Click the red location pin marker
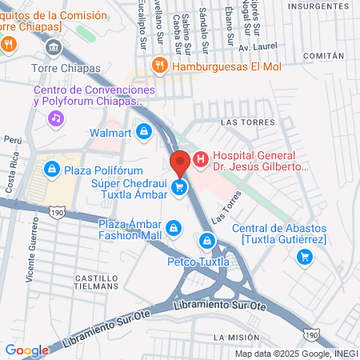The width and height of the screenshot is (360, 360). pyautogui.click(x=180, y=163)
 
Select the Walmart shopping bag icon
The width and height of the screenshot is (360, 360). pyautogui.click(x=143, y=130)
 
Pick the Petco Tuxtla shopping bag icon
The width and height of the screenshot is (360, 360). pyautogui.click(x=208, y=240)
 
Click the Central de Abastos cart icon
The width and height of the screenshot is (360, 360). pyautogui.click(x=304, y=256)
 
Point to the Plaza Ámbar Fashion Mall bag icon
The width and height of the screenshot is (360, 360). pyautogui.click(x=172, y=230)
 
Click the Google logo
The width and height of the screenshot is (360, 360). pyautogui.click(x=26, y=350)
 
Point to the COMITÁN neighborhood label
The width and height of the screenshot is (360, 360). pyautogui.click(x=324, y=56)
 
